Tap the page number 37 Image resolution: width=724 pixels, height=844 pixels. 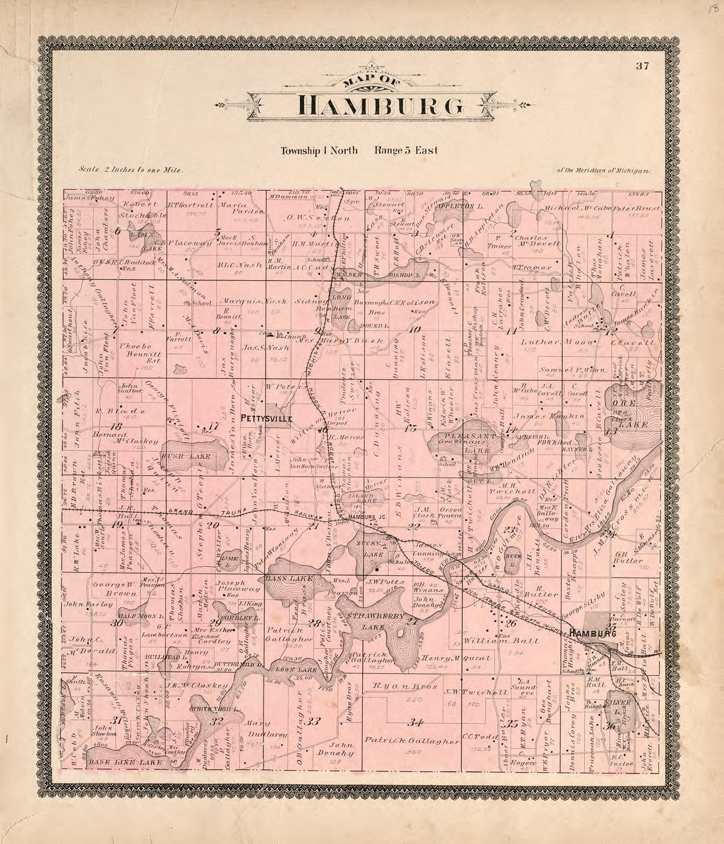pyautogui.click(x=642, y=67)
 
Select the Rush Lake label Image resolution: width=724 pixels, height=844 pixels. pyautogui.click(x=192, y=456)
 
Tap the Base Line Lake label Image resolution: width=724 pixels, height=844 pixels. pyautogui.click(x=125, y=762)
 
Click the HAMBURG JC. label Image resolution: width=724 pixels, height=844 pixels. pyautogui.click(x=368, y=517)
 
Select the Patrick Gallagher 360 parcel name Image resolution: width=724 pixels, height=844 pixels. pyautogui.click(x=411, y=741)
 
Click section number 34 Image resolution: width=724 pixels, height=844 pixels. pyautogui.click(x=414, y=722)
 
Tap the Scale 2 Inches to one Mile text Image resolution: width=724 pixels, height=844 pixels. pyautogui.click(x=130, y=170)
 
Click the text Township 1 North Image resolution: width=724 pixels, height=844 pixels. pyautogui.click(x=319, y=150)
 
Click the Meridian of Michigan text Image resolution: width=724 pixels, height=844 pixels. pyautogui.click(x=604, y=170)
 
